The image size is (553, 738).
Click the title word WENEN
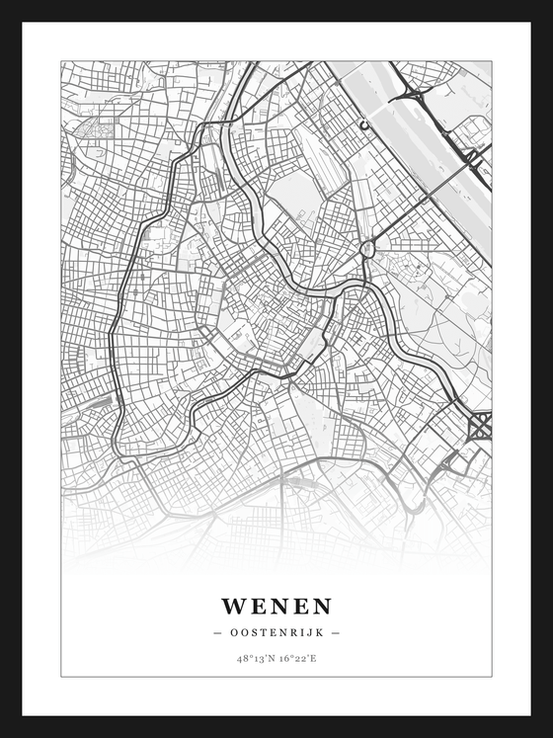tap(276, 606)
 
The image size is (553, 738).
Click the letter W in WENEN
tap(234, 606)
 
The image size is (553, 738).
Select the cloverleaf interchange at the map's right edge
tap(481, 427)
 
